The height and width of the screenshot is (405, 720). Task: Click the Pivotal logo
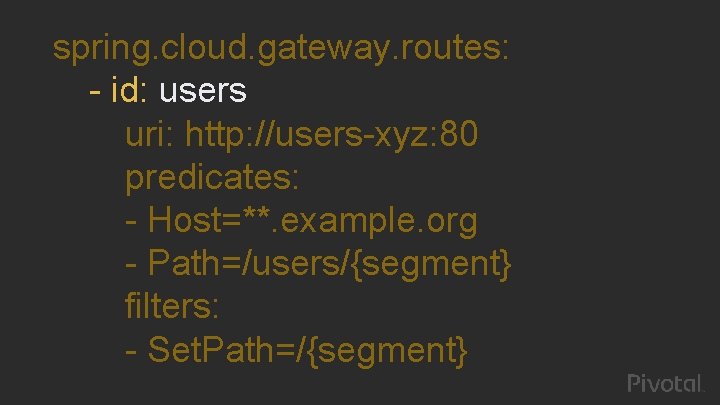(x=666, y=383)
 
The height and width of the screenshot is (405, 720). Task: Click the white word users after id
(x=203, y=92)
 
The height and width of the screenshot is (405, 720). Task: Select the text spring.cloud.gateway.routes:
(x=282, y=49)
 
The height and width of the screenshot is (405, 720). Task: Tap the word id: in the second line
(x=130, y=92)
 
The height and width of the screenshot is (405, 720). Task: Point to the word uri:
(x=151, y=135)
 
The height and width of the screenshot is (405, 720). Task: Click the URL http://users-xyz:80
(x=332, y=135)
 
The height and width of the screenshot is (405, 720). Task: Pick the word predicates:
(x=212, y=178)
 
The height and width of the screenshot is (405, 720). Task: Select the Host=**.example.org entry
(x=312, y=221)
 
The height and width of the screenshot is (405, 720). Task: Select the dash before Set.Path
(x=132, y=351)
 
